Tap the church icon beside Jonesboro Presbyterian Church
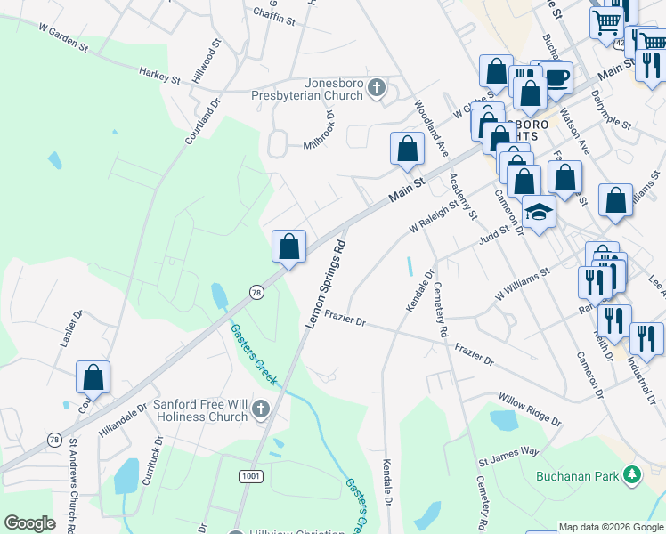[377, 87]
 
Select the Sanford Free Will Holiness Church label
[199, 410]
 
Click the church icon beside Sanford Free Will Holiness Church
[260, 409]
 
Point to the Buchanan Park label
[576, 476]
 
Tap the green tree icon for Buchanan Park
[631, 475]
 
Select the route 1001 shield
[250, 476]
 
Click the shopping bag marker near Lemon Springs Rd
[288, 247]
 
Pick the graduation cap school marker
[538, 212]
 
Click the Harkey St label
[159, 77]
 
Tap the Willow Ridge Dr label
[530, 408]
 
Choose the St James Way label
[508, 457]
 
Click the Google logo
[29, 523]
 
